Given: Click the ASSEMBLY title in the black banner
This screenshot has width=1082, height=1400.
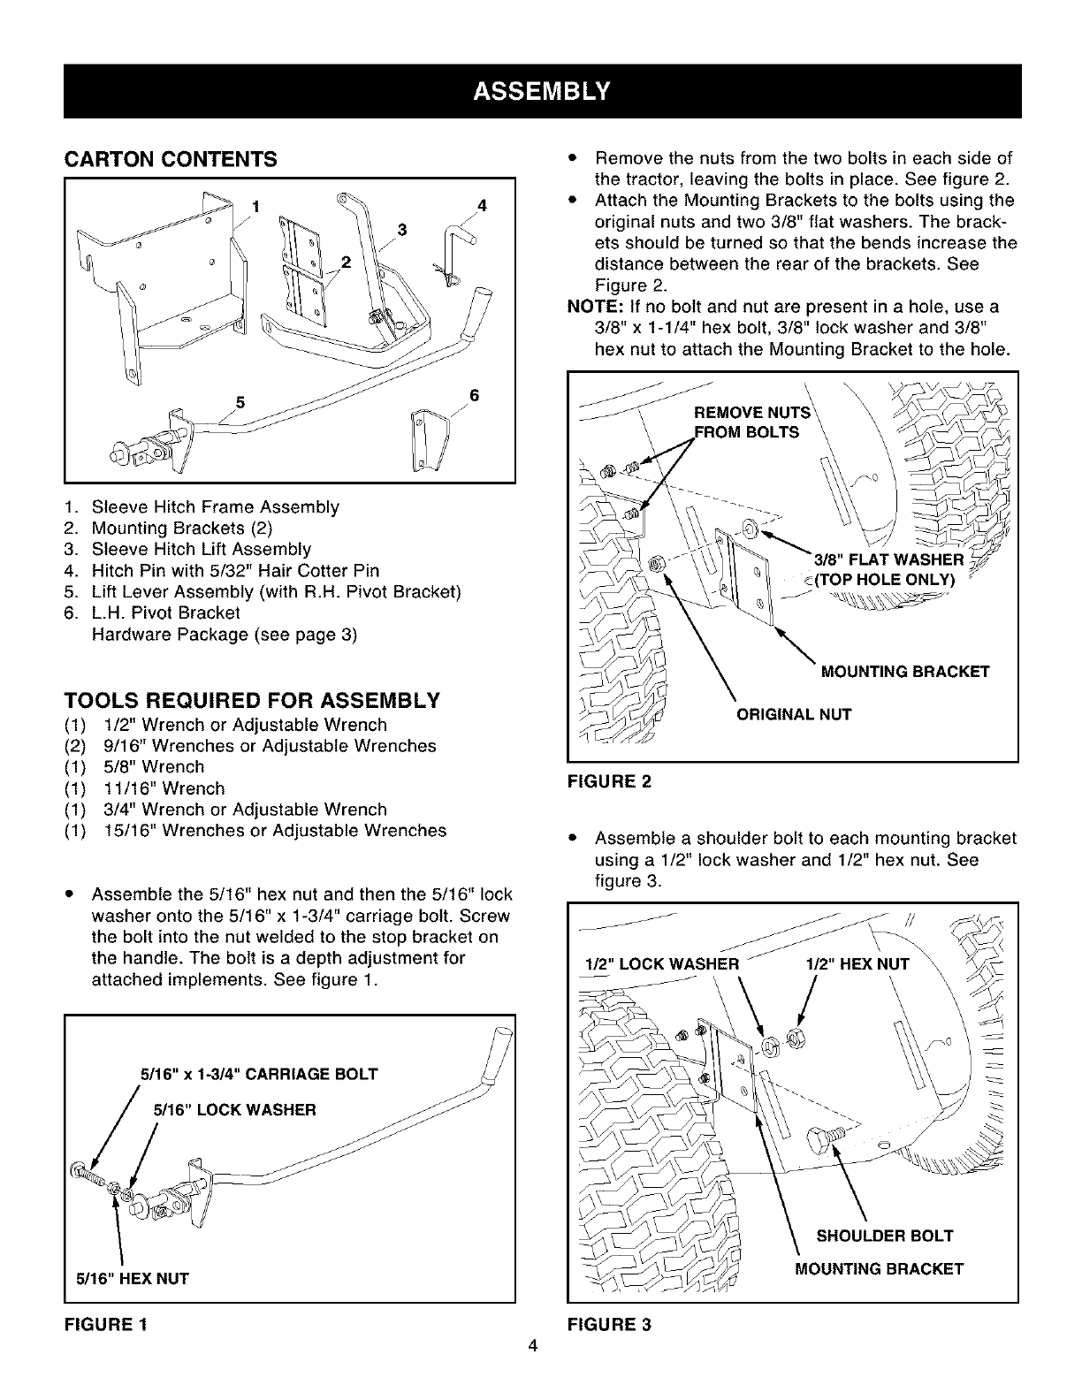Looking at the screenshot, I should (x=542, y=91).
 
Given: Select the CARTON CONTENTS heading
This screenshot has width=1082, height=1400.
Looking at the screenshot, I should (x=171, y=160).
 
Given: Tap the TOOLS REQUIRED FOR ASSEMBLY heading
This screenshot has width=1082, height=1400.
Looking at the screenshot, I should (x=252, y=702).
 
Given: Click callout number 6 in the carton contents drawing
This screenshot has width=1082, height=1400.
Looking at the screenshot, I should (x=474, y=395).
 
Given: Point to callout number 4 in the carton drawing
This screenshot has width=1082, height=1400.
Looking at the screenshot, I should (x=482, y=206).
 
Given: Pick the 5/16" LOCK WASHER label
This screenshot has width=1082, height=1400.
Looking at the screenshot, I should (x=235, y=1109).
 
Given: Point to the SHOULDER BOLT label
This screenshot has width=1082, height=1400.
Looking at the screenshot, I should (x=885, y=1236).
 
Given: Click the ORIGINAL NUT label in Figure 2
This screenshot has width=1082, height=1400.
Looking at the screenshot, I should (x=794, y=714).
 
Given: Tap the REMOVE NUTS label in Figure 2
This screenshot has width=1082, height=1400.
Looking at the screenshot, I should (x=752, y=413).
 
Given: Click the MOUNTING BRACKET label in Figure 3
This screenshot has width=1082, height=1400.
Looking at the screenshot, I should (x=879, y=1269).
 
